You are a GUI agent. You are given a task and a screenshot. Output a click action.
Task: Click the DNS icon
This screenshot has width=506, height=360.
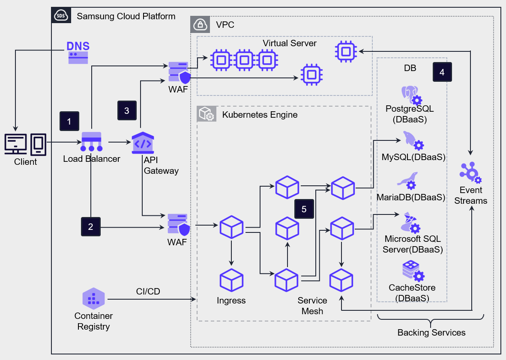pos(78,53)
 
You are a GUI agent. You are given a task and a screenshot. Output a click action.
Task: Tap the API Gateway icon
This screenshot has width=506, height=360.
pos(143,143)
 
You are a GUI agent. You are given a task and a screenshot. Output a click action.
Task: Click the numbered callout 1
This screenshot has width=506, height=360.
pos(69,121)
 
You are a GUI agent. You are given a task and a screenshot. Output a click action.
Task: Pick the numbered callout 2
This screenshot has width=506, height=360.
pos(90,226)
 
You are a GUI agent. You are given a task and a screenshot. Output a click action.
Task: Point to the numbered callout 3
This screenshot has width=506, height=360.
pos(127,110)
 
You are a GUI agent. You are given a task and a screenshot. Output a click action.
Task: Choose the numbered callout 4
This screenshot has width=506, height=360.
pos(442,72)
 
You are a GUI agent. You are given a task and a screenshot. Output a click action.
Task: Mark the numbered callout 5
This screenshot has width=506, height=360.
pos(304,209)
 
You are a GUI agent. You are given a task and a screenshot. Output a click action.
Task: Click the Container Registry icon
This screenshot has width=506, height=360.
pos(93,298)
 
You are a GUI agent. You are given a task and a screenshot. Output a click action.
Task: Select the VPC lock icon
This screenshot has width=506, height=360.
pos(200,25)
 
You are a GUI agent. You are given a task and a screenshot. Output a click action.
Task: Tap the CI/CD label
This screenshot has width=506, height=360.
pos(148,292)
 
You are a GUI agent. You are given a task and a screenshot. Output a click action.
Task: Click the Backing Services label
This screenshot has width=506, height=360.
pos(431,333)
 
